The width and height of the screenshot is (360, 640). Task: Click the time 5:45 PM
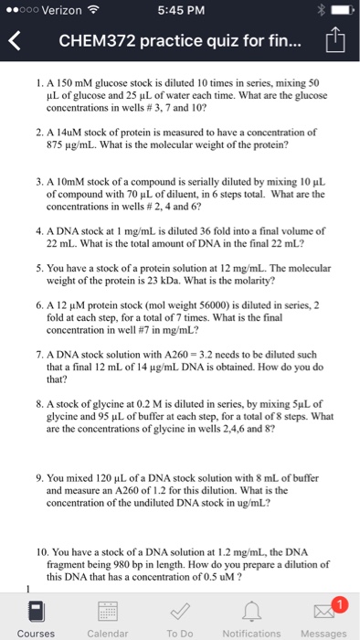[x=180, y=10]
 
